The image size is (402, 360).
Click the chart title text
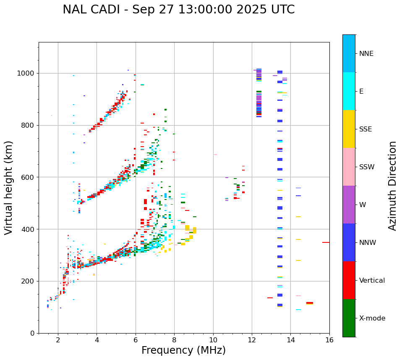tap(178, 10)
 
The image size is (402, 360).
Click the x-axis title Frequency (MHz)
tap(183, 350)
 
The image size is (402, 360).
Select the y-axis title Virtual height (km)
tap(9, 187)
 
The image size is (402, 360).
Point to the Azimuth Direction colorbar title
tap(392, 185)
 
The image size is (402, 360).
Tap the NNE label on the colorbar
tap(366, 53)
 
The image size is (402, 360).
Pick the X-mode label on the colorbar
tap(372, 318)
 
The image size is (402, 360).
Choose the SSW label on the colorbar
tap(367, 167)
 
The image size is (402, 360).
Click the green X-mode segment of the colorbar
tap(349, 318)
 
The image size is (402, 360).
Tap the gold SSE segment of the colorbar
tap(349, 129)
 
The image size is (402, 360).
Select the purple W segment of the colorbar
tap(349, 205)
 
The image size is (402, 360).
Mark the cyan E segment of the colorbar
tap(349, 91)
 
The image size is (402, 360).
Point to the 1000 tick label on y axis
tap(26, 73)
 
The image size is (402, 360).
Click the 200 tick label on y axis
tap(28, 281)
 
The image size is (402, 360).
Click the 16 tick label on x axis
tap(329, 340)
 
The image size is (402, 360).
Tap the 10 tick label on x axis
tap(213, 340)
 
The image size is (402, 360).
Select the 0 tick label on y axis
tap(32, 333)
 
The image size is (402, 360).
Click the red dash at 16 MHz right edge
tap(326, 242)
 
